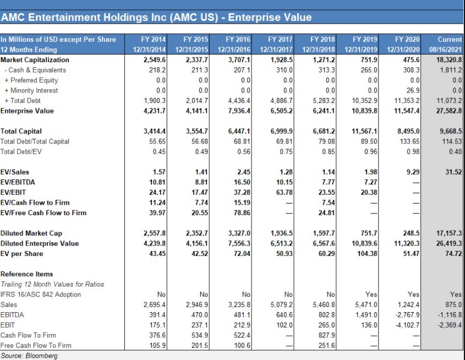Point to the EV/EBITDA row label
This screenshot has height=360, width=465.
pos(18,182)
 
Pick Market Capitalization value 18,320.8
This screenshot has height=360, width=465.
pos(448,59)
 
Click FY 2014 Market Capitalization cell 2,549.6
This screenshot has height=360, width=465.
pos(155,59)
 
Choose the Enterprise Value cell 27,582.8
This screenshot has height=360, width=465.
pos(448,111)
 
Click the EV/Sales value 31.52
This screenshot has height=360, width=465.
pos(453,172)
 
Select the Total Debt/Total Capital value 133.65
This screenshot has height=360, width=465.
pos(410,141)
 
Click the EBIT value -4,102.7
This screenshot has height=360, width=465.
pos(408,325)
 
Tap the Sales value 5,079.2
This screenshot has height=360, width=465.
pos(281,304)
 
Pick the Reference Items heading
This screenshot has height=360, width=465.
pos(27,274)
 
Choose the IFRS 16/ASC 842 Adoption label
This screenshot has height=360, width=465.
pos(41,294)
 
